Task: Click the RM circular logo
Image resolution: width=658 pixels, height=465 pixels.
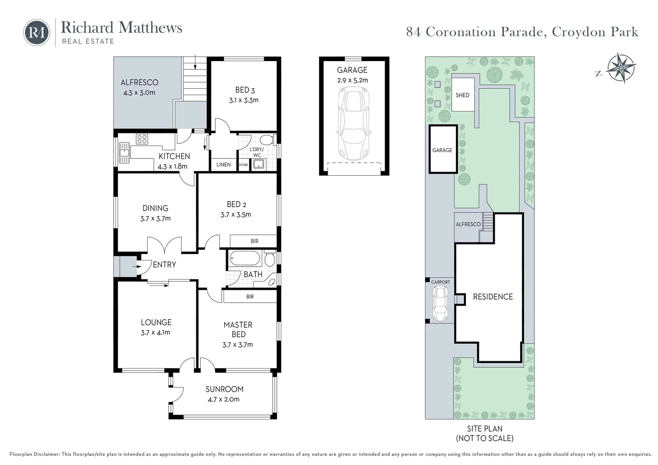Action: click(x=37, y=32)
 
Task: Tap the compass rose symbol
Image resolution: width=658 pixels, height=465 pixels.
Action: click(x=621, y=68)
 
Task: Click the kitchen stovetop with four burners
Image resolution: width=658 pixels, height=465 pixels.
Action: click(x=142, y=139)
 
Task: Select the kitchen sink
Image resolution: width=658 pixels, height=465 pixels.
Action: click(x=124, y=152)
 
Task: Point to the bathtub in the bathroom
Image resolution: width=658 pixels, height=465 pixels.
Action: click(x=245, y=259)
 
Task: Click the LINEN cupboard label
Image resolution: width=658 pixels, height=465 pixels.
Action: click(x=223, y=164)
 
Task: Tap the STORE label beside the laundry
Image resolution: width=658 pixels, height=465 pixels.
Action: click(x=243, y=165)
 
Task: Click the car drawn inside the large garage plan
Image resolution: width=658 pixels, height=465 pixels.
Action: click(x=354, y=124)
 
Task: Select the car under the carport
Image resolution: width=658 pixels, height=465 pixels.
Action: click(x=440, y=304)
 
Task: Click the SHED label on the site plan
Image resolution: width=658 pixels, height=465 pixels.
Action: click(x=462, y=95)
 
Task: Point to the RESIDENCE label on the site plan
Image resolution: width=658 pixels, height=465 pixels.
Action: click(x=493, y=297)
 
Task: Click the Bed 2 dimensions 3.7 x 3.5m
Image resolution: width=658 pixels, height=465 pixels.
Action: click(x=236, y=215)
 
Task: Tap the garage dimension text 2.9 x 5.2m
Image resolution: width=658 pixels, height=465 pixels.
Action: click(x=353, y=80)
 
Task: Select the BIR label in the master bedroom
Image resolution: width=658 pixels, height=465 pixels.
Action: click(x=250, y=297)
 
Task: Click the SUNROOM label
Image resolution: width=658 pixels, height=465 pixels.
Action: click(x=224, y=389)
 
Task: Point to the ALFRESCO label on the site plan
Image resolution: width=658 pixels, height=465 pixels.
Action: click(x=468, y=224)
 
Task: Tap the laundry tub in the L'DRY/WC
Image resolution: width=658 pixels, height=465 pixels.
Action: click(x=259, y=164)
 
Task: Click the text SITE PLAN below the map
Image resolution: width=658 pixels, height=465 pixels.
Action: click(x=485, y=428)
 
